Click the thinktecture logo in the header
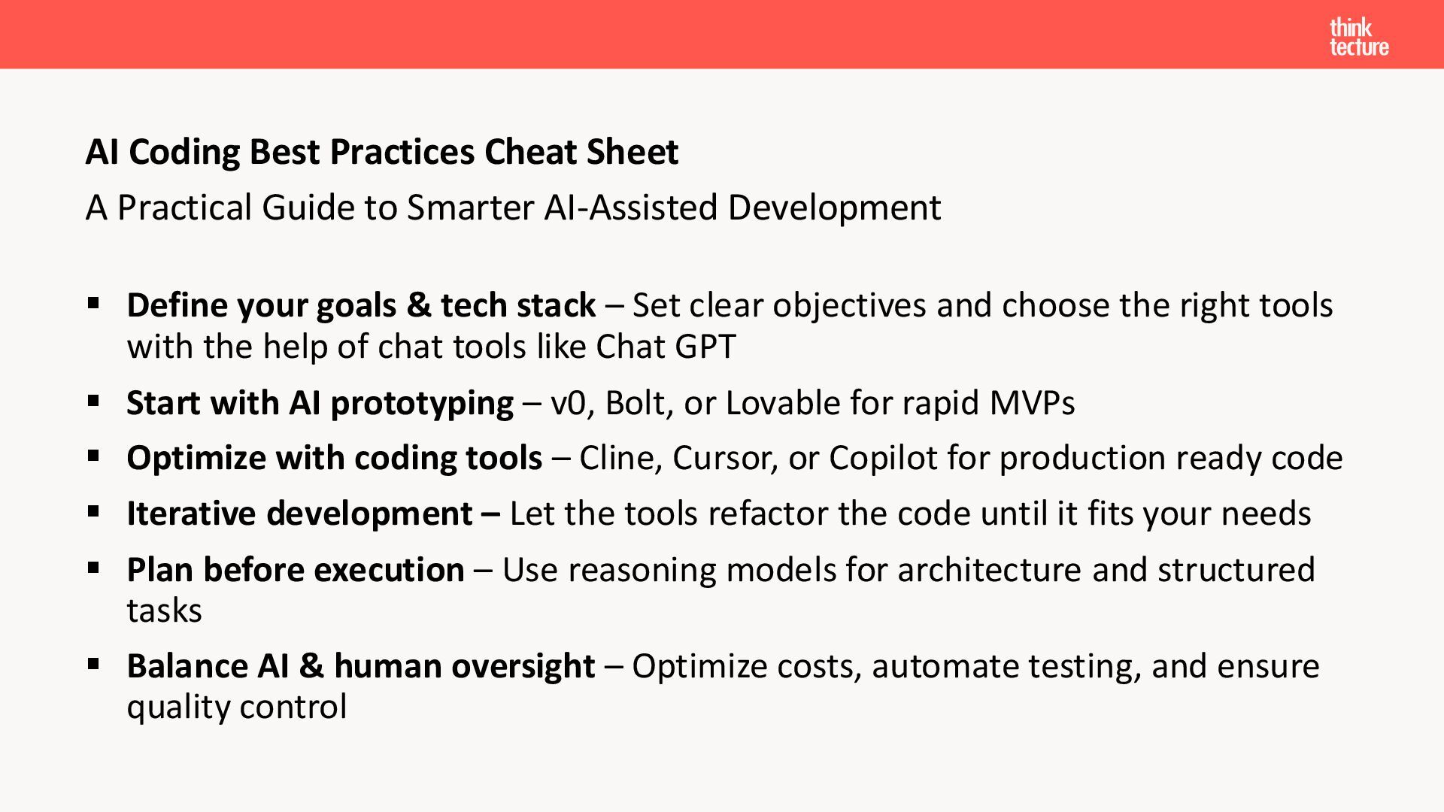(1359, 38)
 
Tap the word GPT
(705, 347)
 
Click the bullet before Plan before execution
(93, 568)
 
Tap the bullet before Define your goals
(93, 304)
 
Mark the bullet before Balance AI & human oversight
(93, 665)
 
